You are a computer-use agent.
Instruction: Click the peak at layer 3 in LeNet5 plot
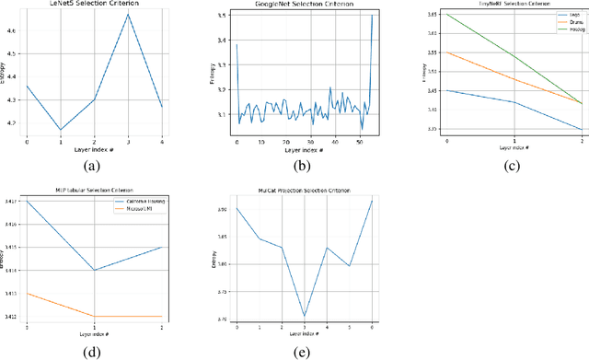(x=129, y=14)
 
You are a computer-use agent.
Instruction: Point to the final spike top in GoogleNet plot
(x=373, y=15)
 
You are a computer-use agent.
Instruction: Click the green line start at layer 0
(x=446, y=14)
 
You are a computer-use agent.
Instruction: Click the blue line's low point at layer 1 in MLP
(x=95, y=270)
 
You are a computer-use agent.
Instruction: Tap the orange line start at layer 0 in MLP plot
(x=27, y=294)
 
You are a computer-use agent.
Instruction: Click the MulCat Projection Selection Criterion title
(x=304, y=191)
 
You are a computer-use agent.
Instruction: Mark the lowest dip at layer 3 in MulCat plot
(x=304, y=316)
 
